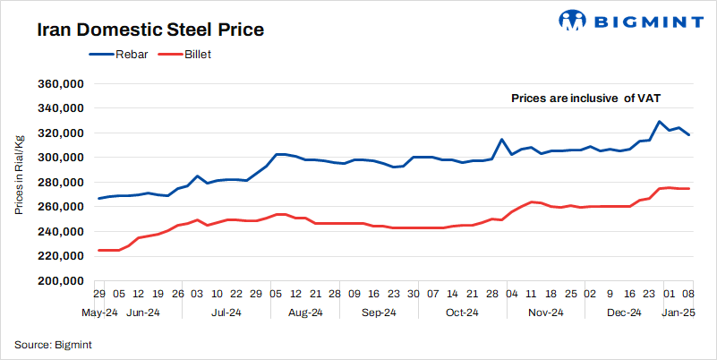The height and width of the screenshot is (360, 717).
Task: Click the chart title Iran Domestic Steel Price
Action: point(149,30)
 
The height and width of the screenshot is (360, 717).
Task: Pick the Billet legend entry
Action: point(198,55)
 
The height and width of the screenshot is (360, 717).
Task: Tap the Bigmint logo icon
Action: point(574,20)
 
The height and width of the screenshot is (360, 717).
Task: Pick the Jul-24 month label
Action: point(226,313)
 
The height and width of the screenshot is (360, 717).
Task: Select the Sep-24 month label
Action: point(379,313)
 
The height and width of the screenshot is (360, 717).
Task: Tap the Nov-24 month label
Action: point(545,313)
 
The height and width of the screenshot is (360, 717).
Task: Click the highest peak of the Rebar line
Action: point(659,122)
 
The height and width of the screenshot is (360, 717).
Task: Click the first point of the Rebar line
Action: point(98,198)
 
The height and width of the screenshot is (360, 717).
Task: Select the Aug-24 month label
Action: point(306,313)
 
